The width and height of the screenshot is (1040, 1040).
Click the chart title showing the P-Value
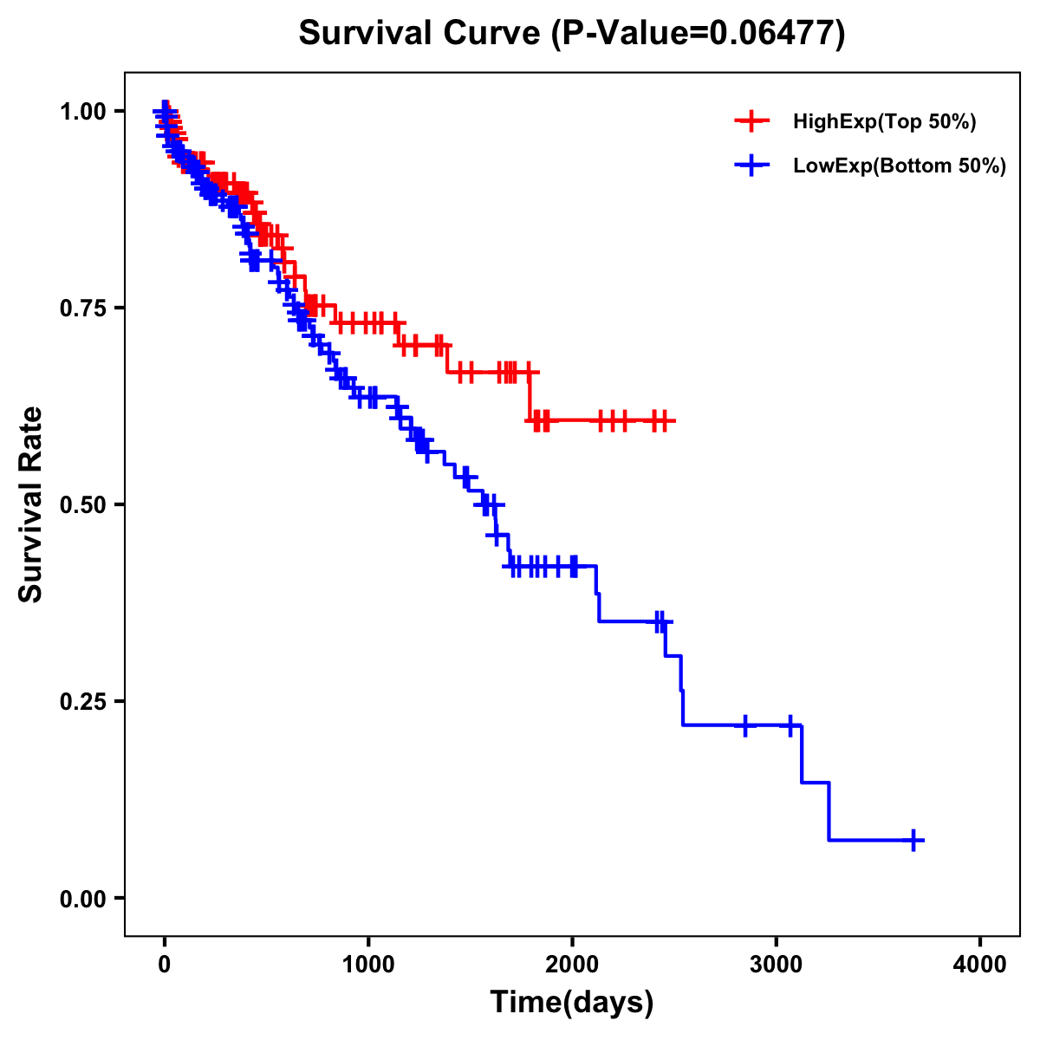tap(571, 34)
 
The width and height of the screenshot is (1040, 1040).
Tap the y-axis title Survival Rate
tap(31, 504)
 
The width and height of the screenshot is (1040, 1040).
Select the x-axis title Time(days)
tap(572, 1002)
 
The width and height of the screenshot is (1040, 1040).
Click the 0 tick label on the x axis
tap(165, 964)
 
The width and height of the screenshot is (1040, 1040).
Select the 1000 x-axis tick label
tap(368, 964)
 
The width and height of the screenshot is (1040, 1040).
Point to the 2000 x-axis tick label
tap(572, 964)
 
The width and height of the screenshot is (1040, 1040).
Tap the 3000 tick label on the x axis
tap(776, 964)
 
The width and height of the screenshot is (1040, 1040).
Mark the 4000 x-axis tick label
tap(980, 964)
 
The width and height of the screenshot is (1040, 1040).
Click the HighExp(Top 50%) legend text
tap(885, 122)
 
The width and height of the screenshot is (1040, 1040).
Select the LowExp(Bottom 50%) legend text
tap(900, 166)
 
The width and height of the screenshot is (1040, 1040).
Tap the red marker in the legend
tap(751, 122)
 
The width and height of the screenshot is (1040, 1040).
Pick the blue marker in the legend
tap(751, 166)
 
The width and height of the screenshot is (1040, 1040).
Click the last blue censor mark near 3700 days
tap(913, 840)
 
